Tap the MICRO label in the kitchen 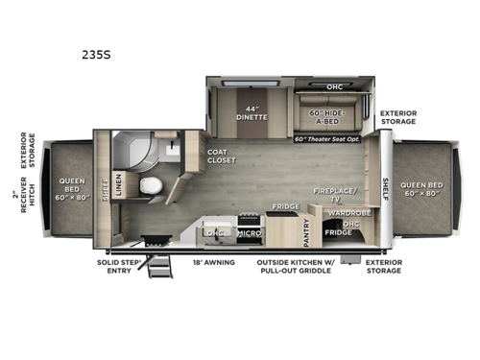[250, 232]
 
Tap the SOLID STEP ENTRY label [119, 267]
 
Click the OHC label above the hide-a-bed [334, 87]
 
